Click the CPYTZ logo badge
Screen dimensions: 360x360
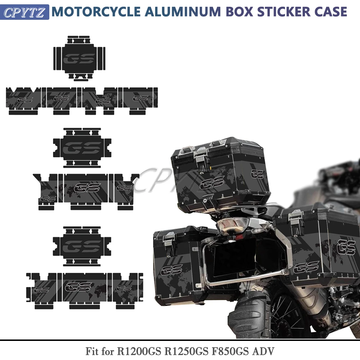coord(24,12)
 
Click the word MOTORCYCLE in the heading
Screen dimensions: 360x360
coord(96,12)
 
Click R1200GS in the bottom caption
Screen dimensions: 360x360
coord(139,351)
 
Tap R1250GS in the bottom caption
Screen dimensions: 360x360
coord(186,351)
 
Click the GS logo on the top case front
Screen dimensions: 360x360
coord(212,182)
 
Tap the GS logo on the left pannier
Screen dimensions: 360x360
coord(171,270)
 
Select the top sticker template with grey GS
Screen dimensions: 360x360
coord(80,58)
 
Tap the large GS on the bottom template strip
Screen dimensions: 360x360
coord(78,287)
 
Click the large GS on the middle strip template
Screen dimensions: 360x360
coord(87,188)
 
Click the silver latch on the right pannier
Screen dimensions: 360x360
coord(296,223)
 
